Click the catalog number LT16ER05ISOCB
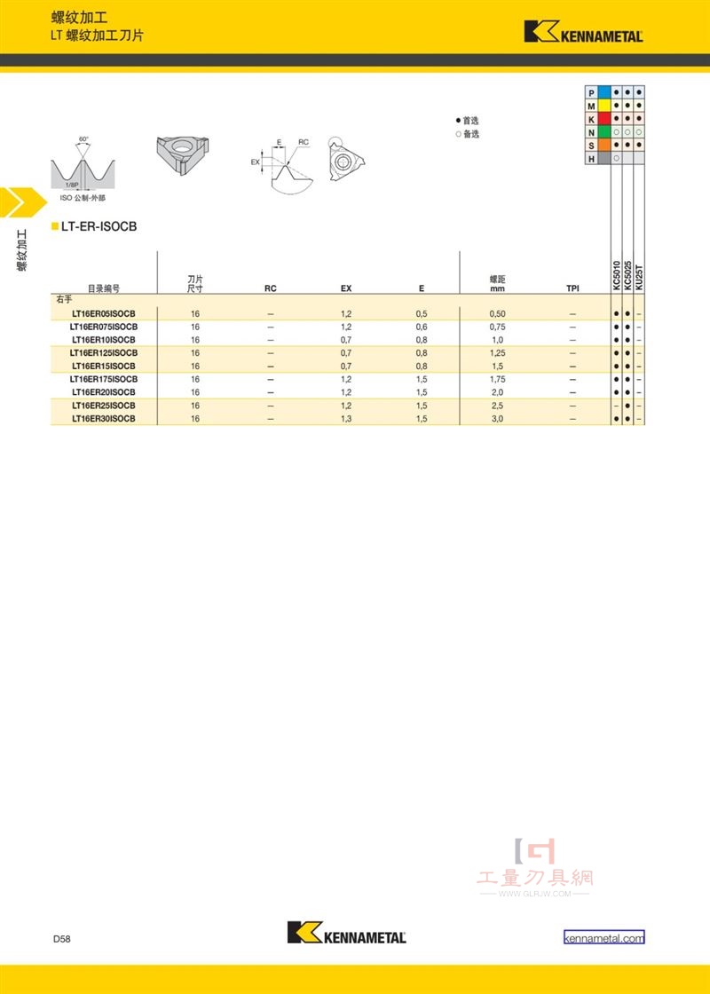coord(103,314)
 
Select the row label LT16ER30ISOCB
coord(103,418)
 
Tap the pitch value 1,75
coord(498,379)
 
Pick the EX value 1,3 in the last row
coord(345,418)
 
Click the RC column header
coord(271,288)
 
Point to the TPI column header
coord(572,288)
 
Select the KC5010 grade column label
coord(616,276)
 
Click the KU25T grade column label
coord(639,278)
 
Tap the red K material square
coord(604,119)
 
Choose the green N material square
coord(604,132)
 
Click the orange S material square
coord(604,146)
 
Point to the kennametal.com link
coord(604,938)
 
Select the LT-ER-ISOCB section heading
coord(99,226)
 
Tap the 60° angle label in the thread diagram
coord(83,138)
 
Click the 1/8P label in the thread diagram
coord(72,185)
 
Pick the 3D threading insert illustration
coord(183,155)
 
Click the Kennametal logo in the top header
coord(583,32)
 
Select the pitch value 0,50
coord(498,314)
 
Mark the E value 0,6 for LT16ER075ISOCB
coord(422,327)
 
